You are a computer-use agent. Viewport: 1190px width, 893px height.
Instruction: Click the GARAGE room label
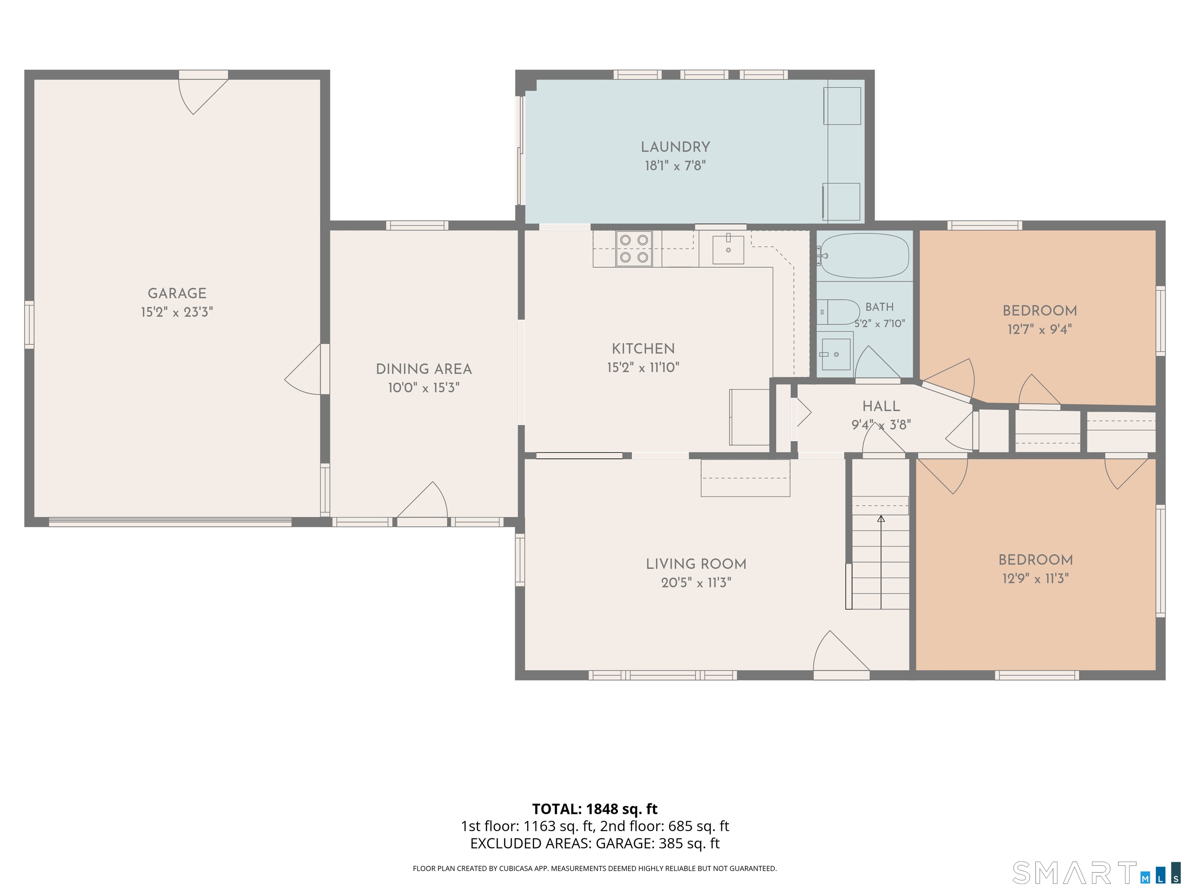pos(177,293)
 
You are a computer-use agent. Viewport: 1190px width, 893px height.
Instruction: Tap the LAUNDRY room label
pos(675,147)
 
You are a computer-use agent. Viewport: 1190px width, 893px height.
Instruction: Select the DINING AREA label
pos(424,369)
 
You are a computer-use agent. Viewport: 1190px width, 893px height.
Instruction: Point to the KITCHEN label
pos(643,349)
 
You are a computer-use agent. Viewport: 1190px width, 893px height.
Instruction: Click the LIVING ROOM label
pos(696,564)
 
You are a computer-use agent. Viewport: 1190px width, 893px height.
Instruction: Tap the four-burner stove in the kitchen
pos(634,249)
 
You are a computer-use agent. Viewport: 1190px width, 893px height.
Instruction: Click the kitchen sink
pos(728,250)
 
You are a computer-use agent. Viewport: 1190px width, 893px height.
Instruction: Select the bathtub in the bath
pos(863,256)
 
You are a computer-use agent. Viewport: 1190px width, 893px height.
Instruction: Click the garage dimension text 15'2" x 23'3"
pos(177,312)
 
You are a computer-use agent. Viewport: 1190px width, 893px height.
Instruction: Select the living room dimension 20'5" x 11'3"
pos(696,583)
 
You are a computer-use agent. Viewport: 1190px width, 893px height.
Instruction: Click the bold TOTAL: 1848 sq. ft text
pos(595,809)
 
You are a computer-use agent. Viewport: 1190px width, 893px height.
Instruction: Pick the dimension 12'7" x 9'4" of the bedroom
pos(1039,329)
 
